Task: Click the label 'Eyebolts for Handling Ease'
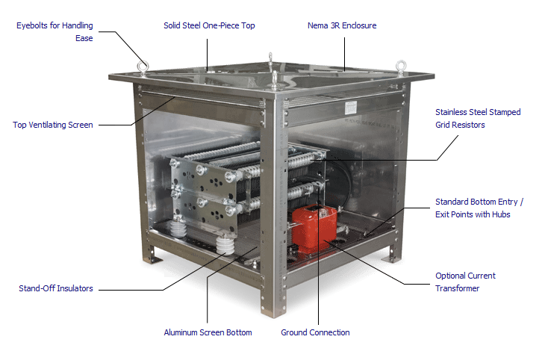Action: (54, 31)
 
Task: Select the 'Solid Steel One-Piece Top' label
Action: (209, 25)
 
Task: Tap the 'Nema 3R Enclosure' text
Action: (342, 25)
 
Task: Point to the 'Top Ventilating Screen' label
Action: (53, 125)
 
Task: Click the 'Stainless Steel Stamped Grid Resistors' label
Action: (478, 118)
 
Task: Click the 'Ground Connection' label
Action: (315, 332)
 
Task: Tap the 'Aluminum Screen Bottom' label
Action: (208, 332)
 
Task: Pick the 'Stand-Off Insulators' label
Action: (56, 288)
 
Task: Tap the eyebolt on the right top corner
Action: (400, 66)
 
